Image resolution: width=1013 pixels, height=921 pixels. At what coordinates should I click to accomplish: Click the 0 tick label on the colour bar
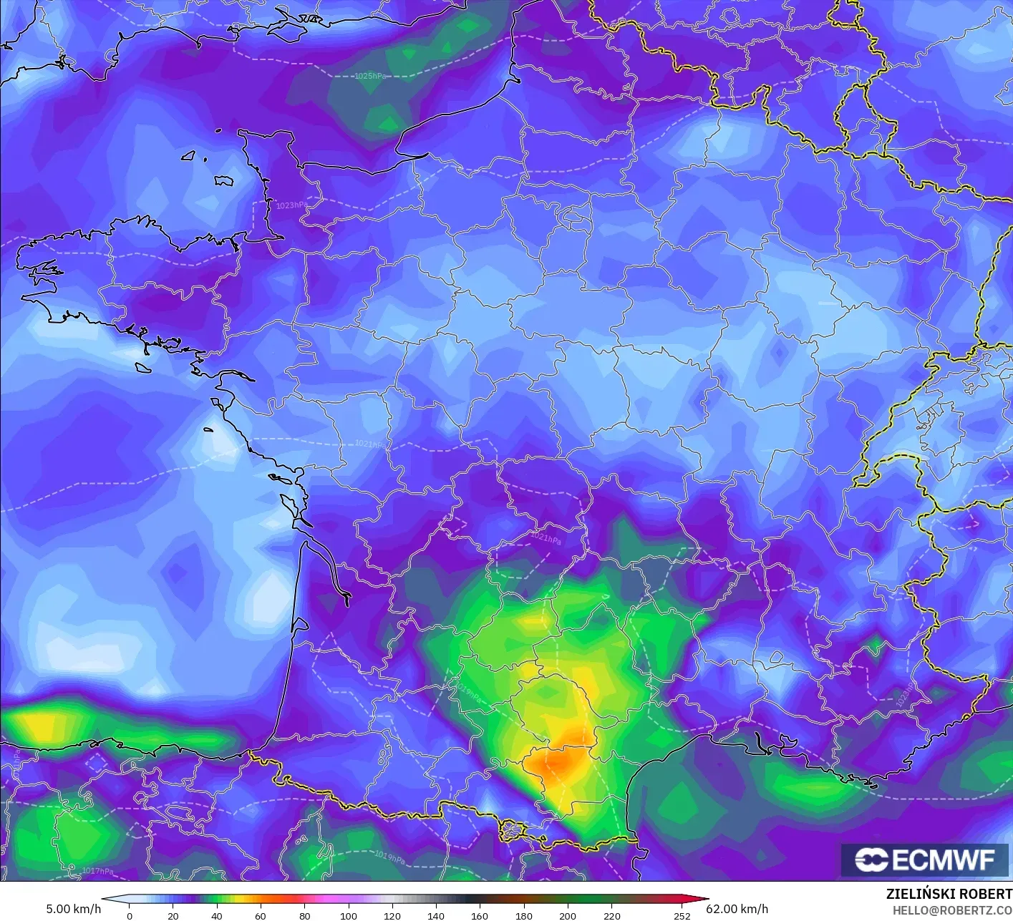130,915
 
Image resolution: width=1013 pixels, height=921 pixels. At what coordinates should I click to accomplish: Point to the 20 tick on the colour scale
173,915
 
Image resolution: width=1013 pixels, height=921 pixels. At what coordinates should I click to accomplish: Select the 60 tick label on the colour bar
261,915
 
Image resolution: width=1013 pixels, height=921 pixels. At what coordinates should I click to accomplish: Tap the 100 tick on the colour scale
349,915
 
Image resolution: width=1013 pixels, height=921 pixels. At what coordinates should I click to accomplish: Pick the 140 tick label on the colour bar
436,915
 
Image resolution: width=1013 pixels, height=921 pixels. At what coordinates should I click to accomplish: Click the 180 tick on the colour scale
524,915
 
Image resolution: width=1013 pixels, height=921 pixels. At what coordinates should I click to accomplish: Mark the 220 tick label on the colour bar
611,915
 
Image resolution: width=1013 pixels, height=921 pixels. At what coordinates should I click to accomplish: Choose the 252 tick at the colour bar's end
682,915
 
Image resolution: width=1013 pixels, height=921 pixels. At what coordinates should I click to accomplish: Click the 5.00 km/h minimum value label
74,909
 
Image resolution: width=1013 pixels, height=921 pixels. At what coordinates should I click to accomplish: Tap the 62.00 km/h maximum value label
737,909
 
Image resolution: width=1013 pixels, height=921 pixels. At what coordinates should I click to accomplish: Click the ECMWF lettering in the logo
944,859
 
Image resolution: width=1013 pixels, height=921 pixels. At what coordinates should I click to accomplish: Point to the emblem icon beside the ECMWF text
871,859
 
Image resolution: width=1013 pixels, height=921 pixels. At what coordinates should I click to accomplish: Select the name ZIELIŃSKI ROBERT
949,894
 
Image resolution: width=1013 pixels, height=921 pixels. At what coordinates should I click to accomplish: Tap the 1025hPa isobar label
370,76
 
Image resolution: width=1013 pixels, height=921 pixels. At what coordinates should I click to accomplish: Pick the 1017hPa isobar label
97,871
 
